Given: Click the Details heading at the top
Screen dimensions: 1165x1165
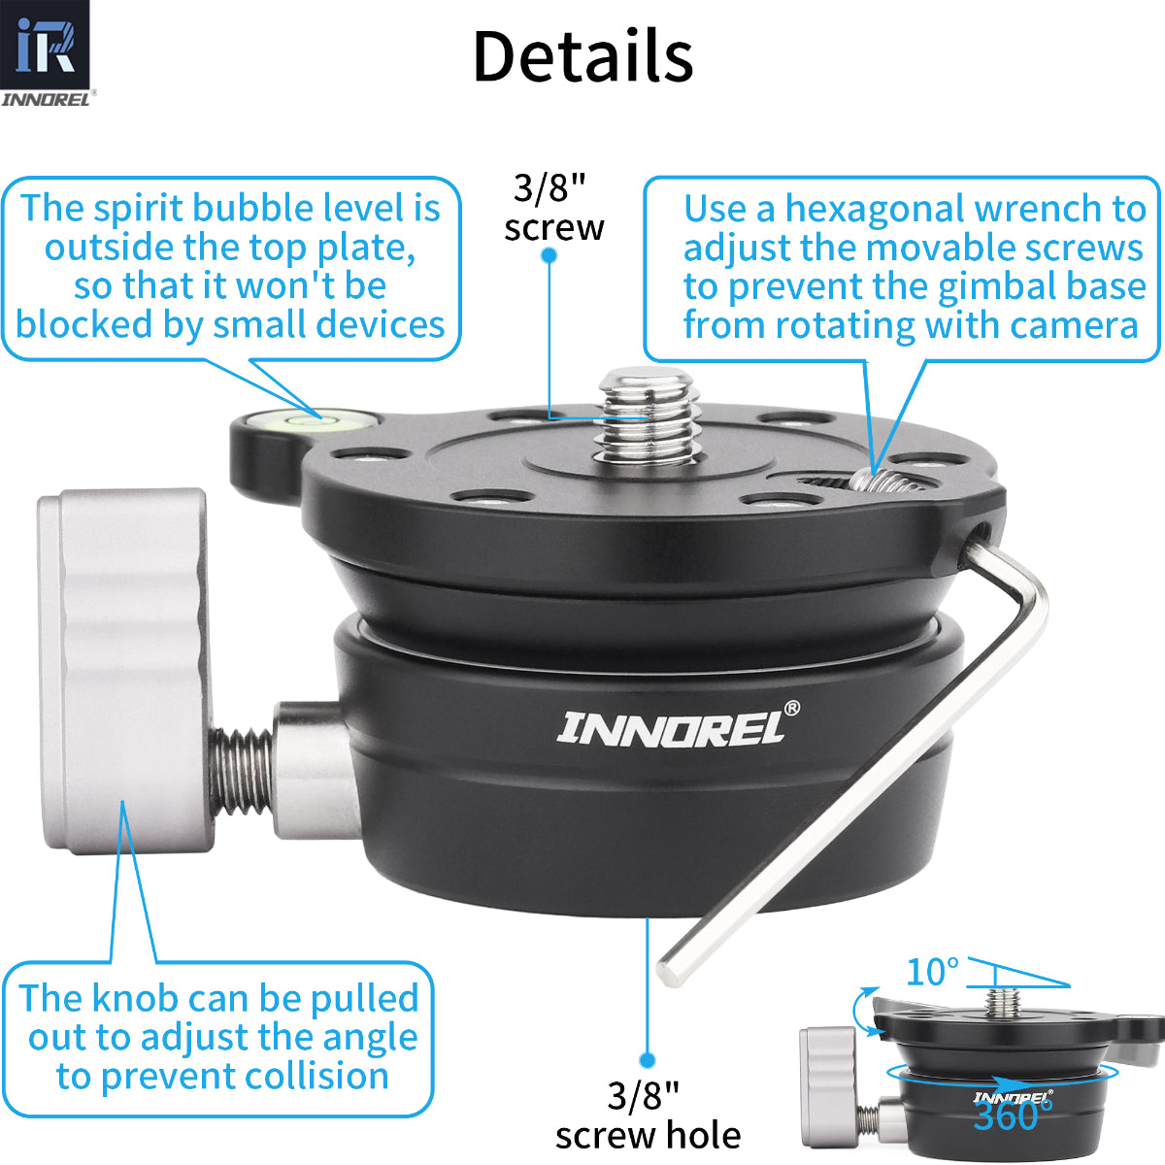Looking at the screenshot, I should point(582,56).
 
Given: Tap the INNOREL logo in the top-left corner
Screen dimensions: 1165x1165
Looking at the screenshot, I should point(46,53).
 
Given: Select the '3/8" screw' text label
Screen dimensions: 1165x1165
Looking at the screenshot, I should point(553,207).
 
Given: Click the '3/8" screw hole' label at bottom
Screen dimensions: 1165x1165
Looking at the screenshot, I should point(648,1115).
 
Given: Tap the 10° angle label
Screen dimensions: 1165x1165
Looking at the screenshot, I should point(932,971).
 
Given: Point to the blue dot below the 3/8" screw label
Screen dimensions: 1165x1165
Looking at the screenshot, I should point(549,255).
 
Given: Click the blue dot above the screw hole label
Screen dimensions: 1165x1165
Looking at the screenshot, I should point(648,1060).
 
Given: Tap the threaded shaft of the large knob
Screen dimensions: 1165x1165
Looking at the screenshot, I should point(239,772).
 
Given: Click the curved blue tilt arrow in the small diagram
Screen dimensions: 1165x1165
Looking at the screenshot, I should point(860,1010).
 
